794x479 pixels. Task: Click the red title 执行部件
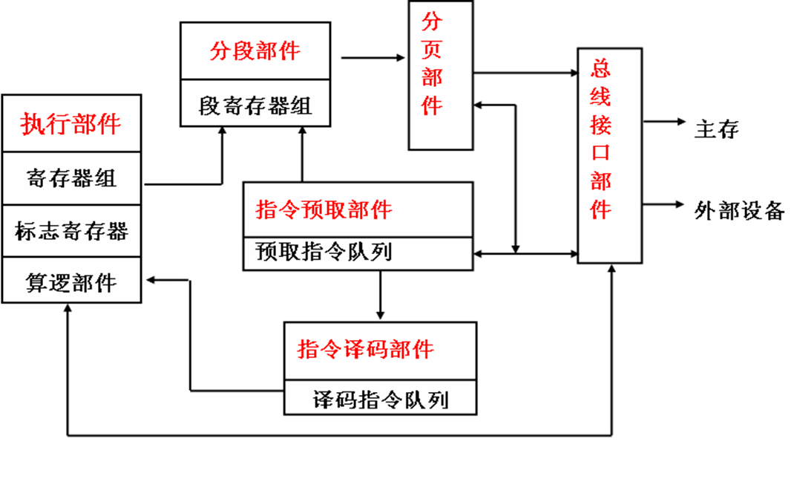pos(71,124)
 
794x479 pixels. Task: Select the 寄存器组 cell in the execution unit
pos(71,178)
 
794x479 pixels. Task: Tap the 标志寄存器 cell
pos(71,231)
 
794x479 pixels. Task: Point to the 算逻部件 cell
pos(71,283)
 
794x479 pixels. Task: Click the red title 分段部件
pos(255,51)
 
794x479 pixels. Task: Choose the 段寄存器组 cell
pos(255,105)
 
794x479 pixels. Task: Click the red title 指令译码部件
pos(366,349)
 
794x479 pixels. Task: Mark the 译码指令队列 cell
pos(380,400)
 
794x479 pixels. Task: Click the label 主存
pos(716,129)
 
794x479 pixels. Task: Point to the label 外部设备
pos(739,211)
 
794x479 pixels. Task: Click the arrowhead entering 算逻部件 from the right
pos(154,280)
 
